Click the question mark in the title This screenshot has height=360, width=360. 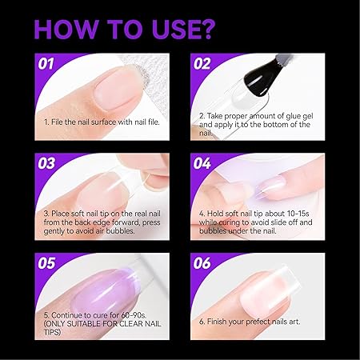[206, 29]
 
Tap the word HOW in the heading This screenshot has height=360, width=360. [66, 29]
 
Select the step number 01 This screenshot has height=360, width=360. [46, 64]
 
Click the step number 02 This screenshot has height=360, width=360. [202, 64]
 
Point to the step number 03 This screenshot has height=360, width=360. [46, 163]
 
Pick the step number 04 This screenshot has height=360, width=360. [202, 163]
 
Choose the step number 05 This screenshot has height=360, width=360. [46, 263]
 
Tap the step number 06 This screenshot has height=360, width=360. [202, 263]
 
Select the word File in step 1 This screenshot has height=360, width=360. [57, 122]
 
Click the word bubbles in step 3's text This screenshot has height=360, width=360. [120, 231]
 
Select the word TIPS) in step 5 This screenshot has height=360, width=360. [52, 332]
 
